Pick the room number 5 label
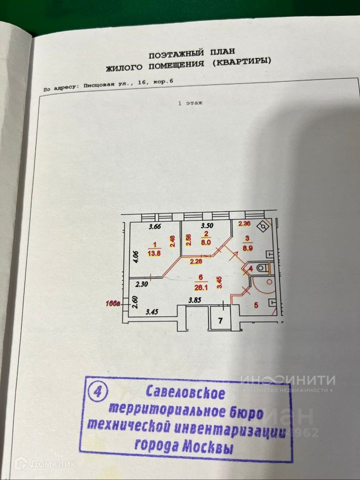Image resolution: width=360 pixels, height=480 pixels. coord(256,305)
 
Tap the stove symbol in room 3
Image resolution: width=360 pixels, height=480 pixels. coord(264,226)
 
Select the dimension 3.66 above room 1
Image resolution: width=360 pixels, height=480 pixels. coord(154,226)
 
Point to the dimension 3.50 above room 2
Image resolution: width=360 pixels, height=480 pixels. coord(207,226)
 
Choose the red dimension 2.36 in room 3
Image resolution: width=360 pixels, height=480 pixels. coord(244,224)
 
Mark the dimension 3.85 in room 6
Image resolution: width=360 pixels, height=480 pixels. coord(195,300)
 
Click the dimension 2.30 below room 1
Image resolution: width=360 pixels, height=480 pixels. coord(142,285)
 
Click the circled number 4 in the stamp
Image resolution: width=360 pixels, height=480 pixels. coord(97,391)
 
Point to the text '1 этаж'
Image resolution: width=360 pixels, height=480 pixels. coord(190,103)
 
